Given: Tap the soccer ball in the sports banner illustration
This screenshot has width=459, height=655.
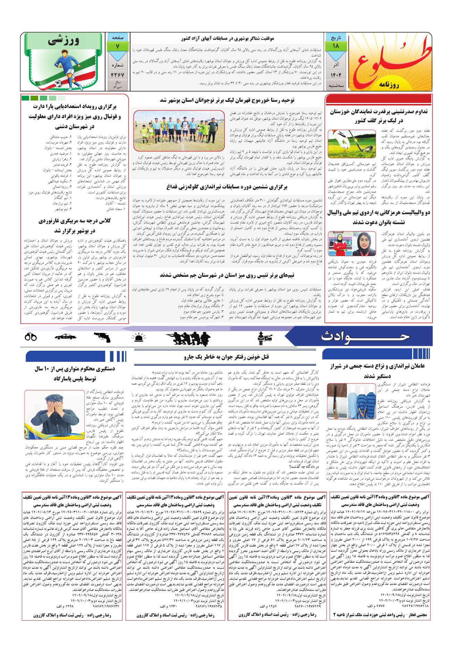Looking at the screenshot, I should [58, 84].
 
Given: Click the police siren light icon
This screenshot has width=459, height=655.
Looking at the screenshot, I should [139, 337].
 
